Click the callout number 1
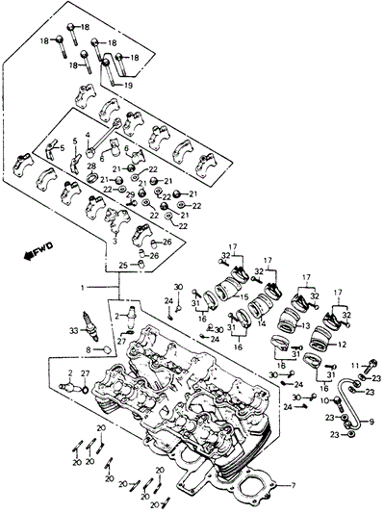point(84,287)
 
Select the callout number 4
point(88,136)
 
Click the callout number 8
point(83,349)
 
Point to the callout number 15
point(244,296)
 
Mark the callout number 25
point(122,265)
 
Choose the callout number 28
point(91,167)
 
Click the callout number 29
point(132,195)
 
